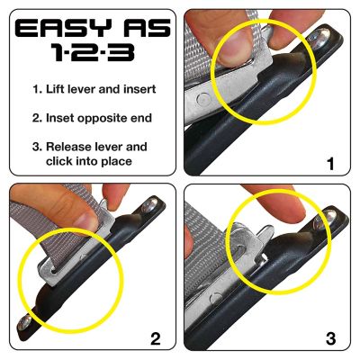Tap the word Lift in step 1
[x=58, y=91]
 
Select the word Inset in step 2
[x=60, y=118]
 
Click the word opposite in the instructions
[x=104, y=118]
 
